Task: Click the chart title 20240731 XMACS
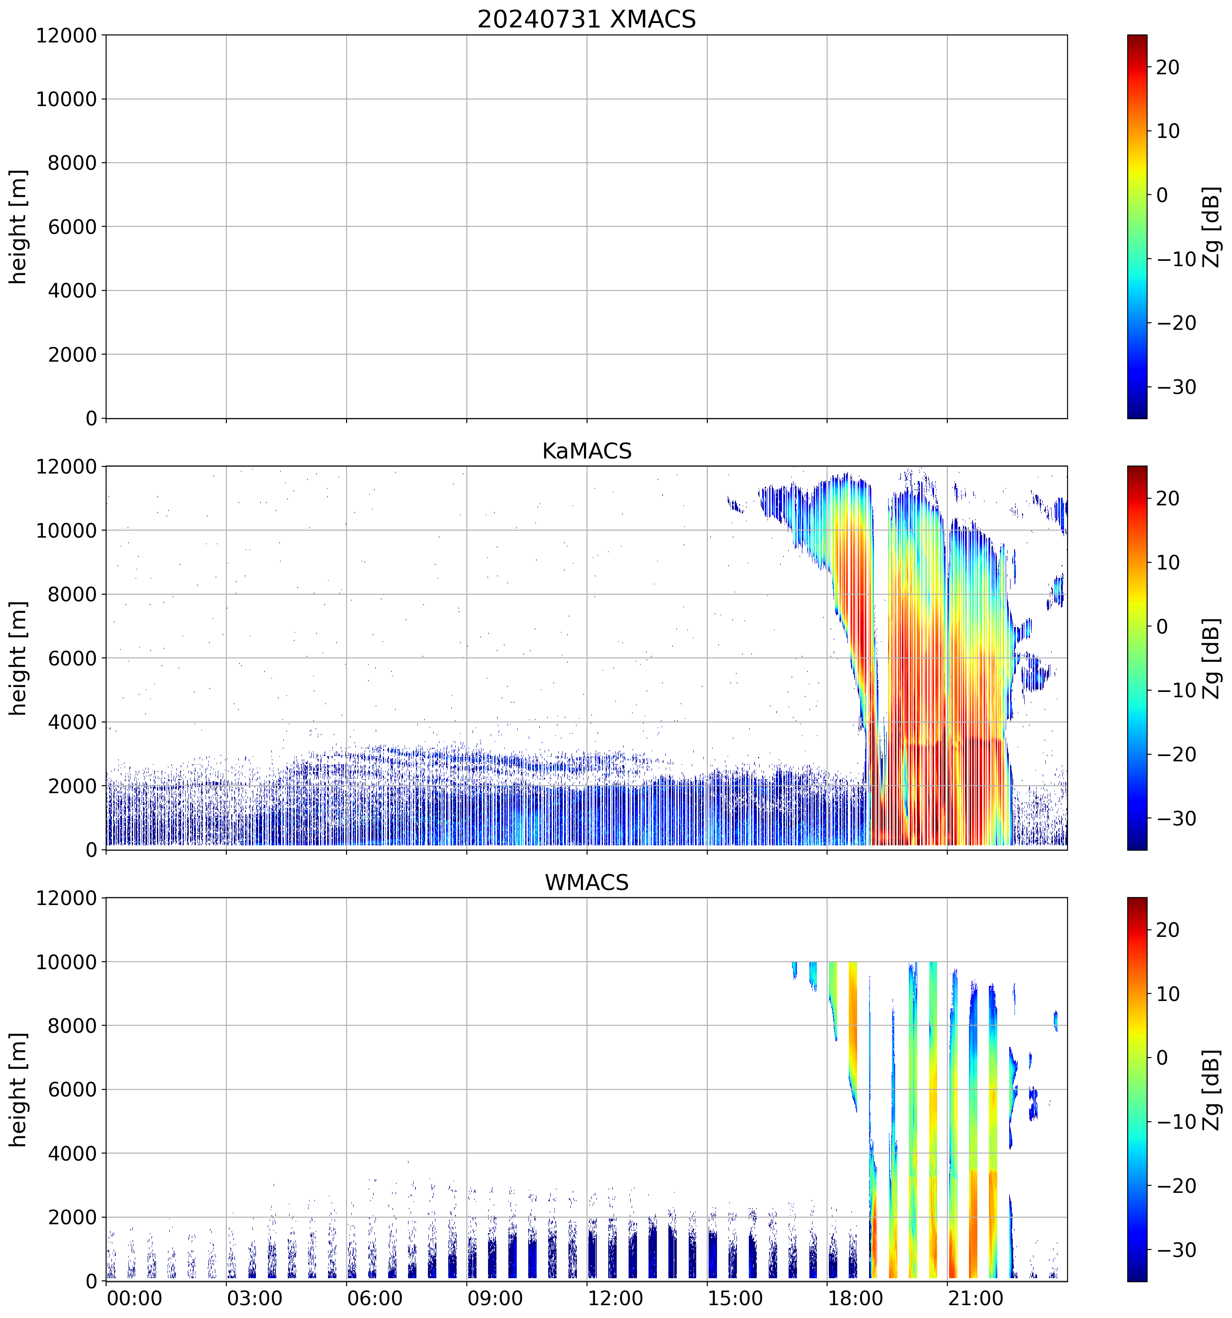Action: click(587, 19)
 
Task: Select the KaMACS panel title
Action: click(587, 451)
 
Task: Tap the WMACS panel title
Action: click(587, 882)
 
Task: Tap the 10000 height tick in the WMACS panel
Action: click(66, 962)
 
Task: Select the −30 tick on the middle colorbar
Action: click(1176, 819)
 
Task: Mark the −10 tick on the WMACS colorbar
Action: click(1176, 1122)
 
